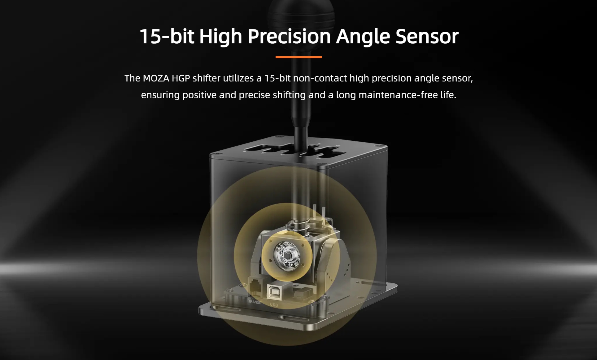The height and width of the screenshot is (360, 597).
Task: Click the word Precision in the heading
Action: (289, 36)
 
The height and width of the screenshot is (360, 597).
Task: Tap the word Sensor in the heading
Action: (427, 36)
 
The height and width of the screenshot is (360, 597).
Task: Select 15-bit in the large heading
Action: (167, 36)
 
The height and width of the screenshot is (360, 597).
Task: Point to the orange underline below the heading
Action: (298, 57)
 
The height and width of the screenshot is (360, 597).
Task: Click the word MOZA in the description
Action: (156, 78)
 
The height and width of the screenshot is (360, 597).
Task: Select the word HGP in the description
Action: (181, 78)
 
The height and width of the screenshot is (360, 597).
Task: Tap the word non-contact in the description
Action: (320, 78)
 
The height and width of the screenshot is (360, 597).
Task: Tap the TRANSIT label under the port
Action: (255, 302)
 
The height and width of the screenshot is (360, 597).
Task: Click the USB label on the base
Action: (274, 305)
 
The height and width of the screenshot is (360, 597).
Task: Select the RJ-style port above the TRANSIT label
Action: (256, 286)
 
